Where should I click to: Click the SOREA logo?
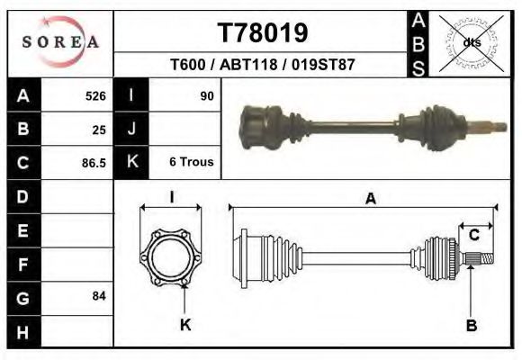coord(59,41)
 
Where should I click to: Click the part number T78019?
coord(264,33)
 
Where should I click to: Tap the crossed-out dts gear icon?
coord(471,41)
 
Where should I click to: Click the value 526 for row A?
coord(95,96)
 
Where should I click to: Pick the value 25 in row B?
coord(99,130)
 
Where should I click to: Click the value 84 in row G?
coord(99,296)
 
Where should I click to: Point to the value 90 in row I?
coord(207,95)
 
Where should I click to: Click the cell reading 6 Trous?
coord(191,162)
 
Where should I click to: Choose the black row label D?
coord(22,196)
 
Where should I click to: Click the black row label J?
coord(131,129)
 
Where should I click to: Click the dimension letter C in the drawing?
coord(473,235)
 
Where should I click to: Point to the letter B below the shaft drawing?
coord(471,325)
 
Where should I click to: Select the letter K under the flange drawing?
coord(186,324)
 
